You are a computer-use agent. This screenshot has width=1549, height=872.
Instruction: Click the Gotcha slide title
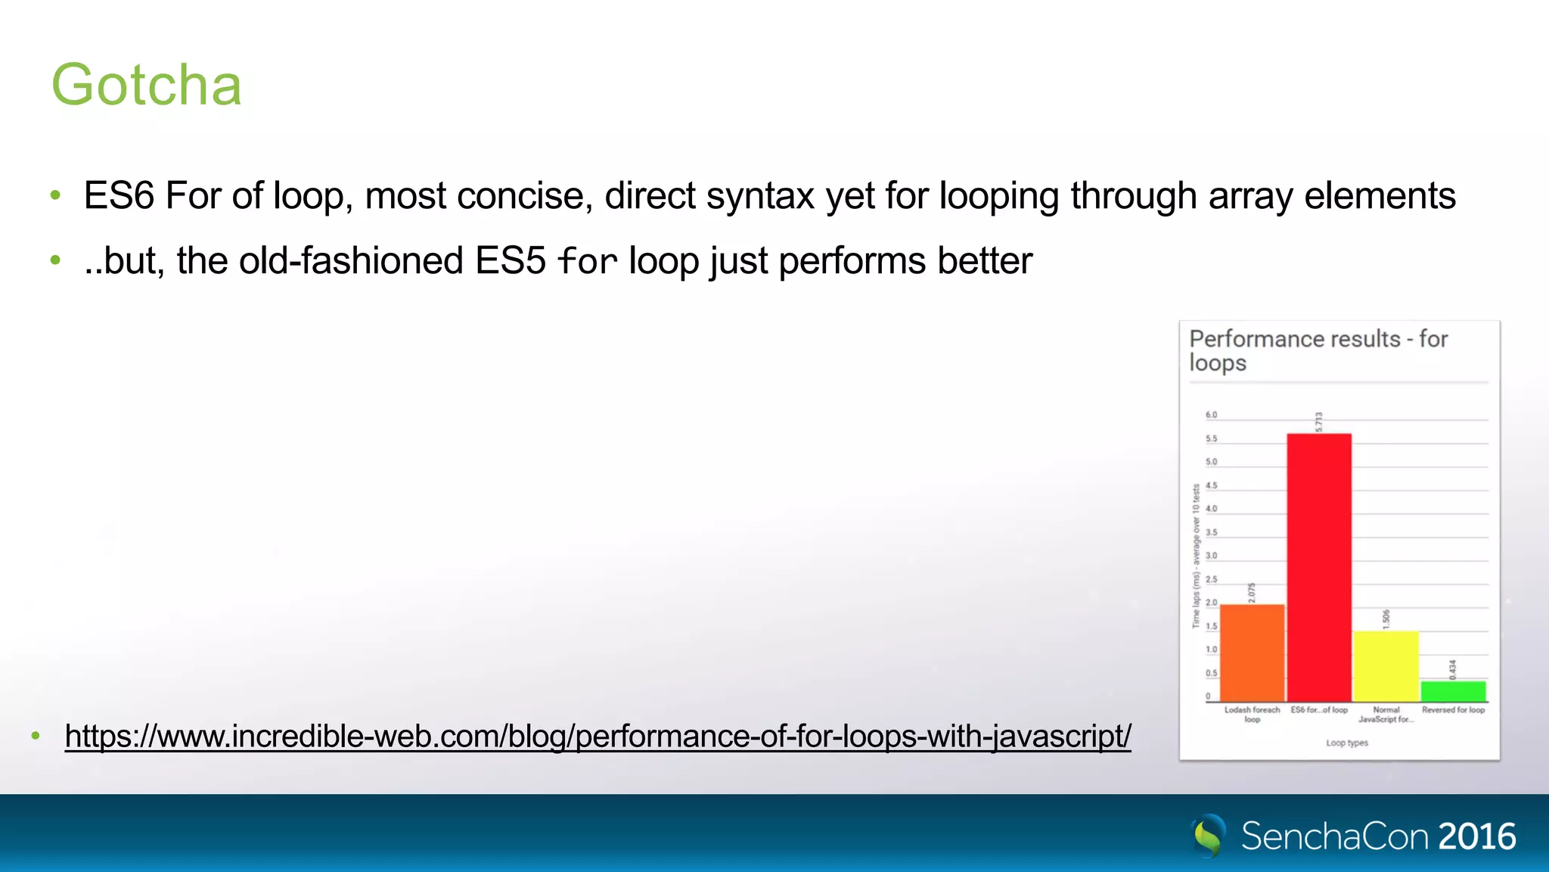point(146,85)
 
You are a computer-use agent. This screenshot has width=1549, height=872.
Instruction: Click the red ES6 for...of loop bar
point(1318,568)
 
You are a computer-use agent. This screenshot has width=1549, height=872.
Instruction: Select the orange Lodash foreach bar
point(1252,652)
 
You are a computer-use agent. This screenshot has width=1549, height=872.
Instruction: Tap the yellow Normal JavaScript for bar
point(1386,666)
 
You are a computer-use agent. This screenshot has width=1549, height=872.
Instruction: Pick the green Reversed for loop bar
point(1453,691)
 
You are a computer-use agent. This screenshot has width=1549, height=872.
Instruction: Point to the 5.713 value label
point(1318,422)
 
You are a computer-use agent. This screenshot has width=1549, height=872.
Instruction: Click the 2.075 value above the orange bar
point(1252,593)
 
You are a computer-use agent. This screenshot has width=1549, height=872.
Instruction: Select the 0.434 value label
point(1452,669)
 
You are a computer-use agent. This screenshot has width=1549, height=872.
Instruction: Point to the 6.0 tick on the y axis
point(1211,415)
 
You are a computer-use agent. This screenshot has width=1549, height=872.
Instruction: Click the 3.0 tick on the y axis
point(1211,556)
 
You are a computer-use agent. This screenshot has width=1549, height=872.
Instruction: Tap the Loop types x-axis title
point(1346,743)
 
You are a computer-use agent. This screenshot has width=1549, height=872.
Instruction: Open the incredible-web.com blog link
point(598,736)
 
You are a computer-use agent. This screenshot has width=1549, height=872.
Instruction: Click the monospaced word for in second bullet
point(587,262)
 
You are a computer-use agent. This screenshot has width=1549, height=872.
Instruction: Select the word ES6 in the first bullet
point(119,196)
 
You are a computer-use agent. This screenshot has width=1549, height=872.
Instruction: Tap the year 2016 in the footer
point(1477,836)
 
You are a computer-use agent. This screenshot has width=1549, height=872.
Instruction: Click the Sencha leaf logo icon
point(1209,836)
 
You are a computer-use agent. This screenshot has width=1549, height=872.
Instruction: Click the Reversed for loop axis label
point(1453,710)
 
